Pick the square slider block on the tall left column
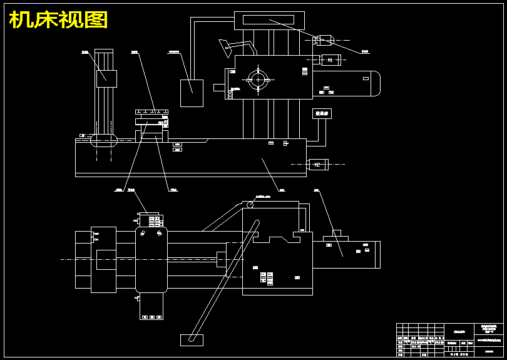pos(106,77)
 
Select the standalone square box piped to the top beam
pos(192,93)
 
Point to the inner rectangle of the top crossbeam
pos(270,20)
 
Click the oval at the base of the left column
pos(103,140)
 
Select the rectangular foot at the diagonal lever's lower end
pos(192,340)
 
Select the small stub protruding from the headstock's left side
pos(220,88)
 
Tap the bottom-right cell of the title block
pos(490,353)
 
